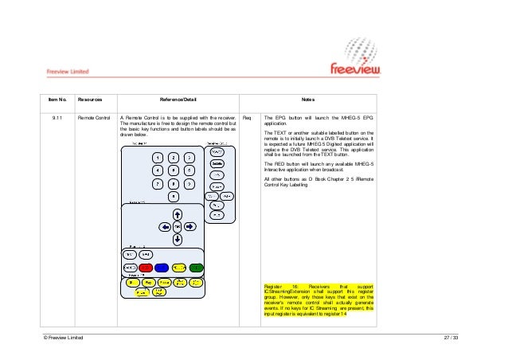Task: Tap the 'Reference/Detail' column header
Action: (x=179, y=100)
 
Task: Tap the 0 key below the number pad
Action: (x=174, y=198)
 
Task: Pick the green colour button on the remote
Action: (x=197, y=268)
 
